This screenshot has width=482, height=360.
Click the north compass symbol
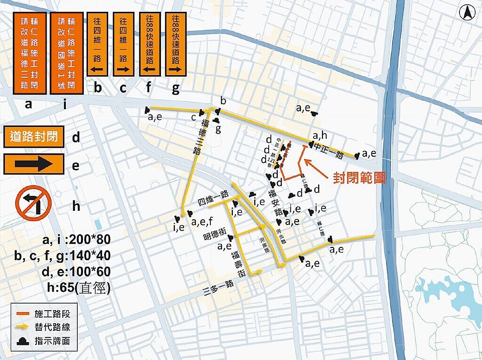click(x=467, y=13)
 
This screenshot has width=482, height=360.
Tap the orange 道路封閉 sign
click(x=33, y=136)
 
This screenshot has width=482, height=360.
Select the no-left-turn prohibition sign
click(x=33, y=203)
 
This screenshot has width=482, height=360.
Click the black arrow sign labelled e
click(x=33, y=164)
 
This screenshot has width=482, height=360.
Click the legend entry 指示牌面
click(x=52, y=341)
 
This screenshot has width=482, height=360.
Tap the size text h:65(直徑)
click(x=76, y=288)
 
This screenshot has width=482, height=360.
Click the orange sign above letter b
click(x=98, y=45)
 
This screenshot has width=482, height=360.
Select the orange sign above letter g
click(x=176, y=45)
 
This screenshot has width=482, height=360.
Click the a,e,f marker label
click(x=203, y=221)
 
